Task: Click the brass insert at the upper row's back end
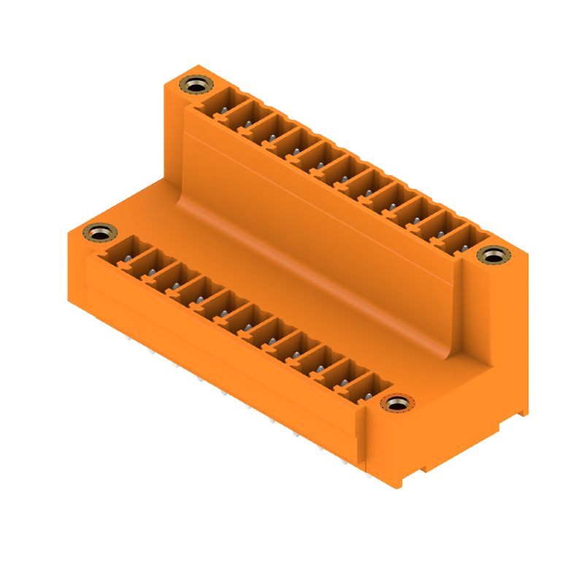pos(194,85)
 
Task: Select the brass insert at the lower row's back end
pos(100,233)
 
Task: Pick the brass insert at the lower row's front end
pos(397,403)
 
